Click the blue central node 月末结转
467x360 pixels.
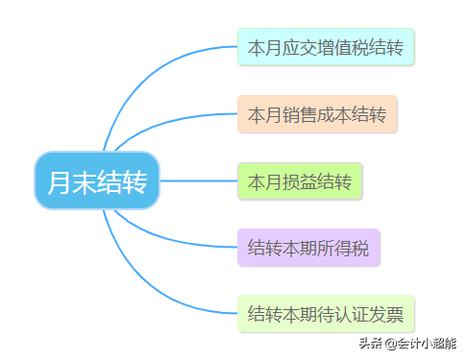pos(96,180)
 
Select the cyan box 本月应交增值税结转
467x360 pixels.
pos(326,47)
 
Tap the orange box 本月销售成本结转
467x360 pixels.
pos(317,114)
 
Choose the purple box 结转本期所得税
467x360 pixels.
pos(308,248)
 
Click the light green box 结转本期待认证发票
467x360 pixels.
pos(326,314)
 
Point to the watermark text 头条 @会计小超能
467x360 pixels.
pos(407,343)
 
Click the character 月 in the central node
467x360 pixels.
pos(60,180)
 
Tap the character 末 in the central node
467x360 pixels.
pos(84,180)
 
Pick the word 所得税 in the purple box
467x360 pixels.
pos(343,248)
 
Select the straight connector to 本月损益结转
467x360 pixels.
pos(197,180)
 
